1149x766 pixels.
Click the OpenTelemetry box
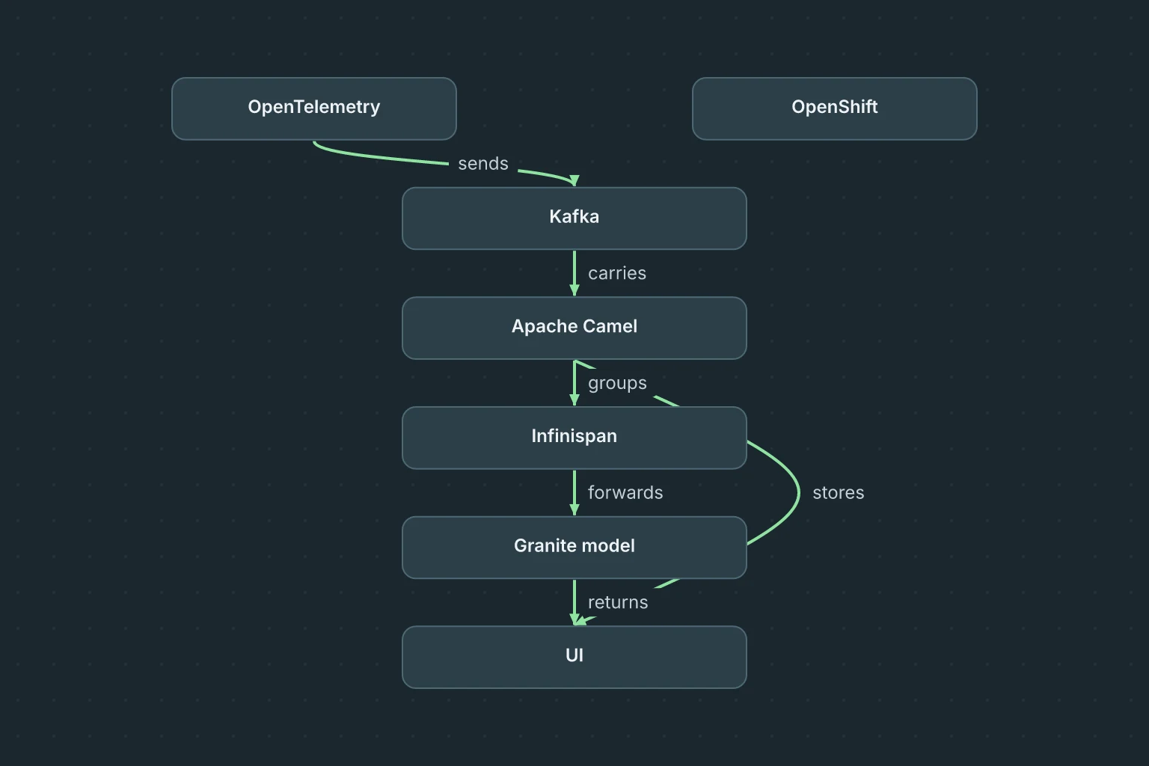click(x=314, y=108)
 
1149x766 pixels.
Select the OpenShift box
click(x=835, y=108)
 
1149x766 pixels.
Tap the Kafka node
click(x=574, y=218)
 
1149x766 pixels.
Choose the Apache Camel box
click(x=574, y=328)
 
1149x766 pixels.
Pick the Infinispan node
click(x=574, y=438)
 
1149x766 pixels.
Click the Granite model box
click(x=574, y=548)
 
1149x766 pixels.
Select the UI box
click(x=574, y=658)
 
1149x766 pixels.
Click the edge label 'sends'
click(x=483, y=164)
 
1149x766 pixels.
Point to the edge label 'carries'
click(x=617, y=274)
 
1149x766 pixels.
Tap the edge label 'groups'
click(x=618, y=384)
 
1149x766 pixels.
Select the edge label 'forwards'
click(x=625, y=492)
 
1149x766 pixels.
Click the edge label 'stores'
click(x=838, y=492)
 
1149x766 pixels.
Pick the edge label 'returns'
click(x=618, y=602)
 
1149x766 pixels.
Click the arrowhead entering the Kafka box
click(x=574, y=181)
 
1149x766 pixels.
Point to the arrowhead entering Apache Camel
click(x=574, y=291)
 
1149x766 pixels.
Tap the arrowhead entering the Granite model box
click(x=574, y=510)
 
